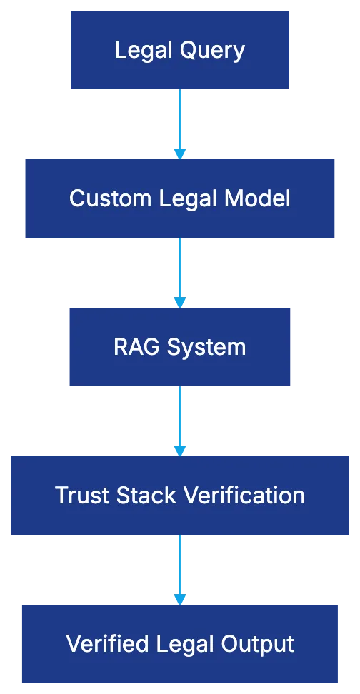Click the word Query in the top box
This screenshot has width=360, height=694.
coord(211,51)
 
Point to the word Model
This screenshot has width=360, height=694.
coord(258,198)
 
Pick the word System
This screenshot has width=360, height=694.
coord(206,347)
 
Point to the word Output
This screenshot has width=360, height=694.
coord(261,644)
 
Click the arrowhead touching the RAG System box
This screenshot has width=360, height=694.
coord(180,302)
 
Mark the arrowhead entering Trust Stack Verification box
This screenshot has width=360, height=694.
coord(180,451)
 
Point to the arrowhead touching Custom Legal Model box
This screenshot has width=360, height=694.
coord(180,154)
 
